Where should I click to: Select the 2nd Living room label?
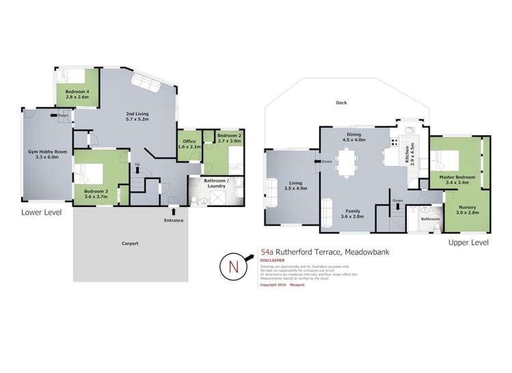(138, 116)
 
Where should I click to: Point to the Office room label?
(189, 144)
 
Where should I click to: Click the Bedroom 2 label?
(228, 139)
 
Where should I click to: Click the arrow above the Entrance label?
(174, 211)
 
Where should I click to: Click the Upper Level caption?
(468, 243)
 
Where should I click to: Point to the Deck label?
(341, 103)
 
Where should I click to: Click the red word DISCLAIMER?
(273, 260)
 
